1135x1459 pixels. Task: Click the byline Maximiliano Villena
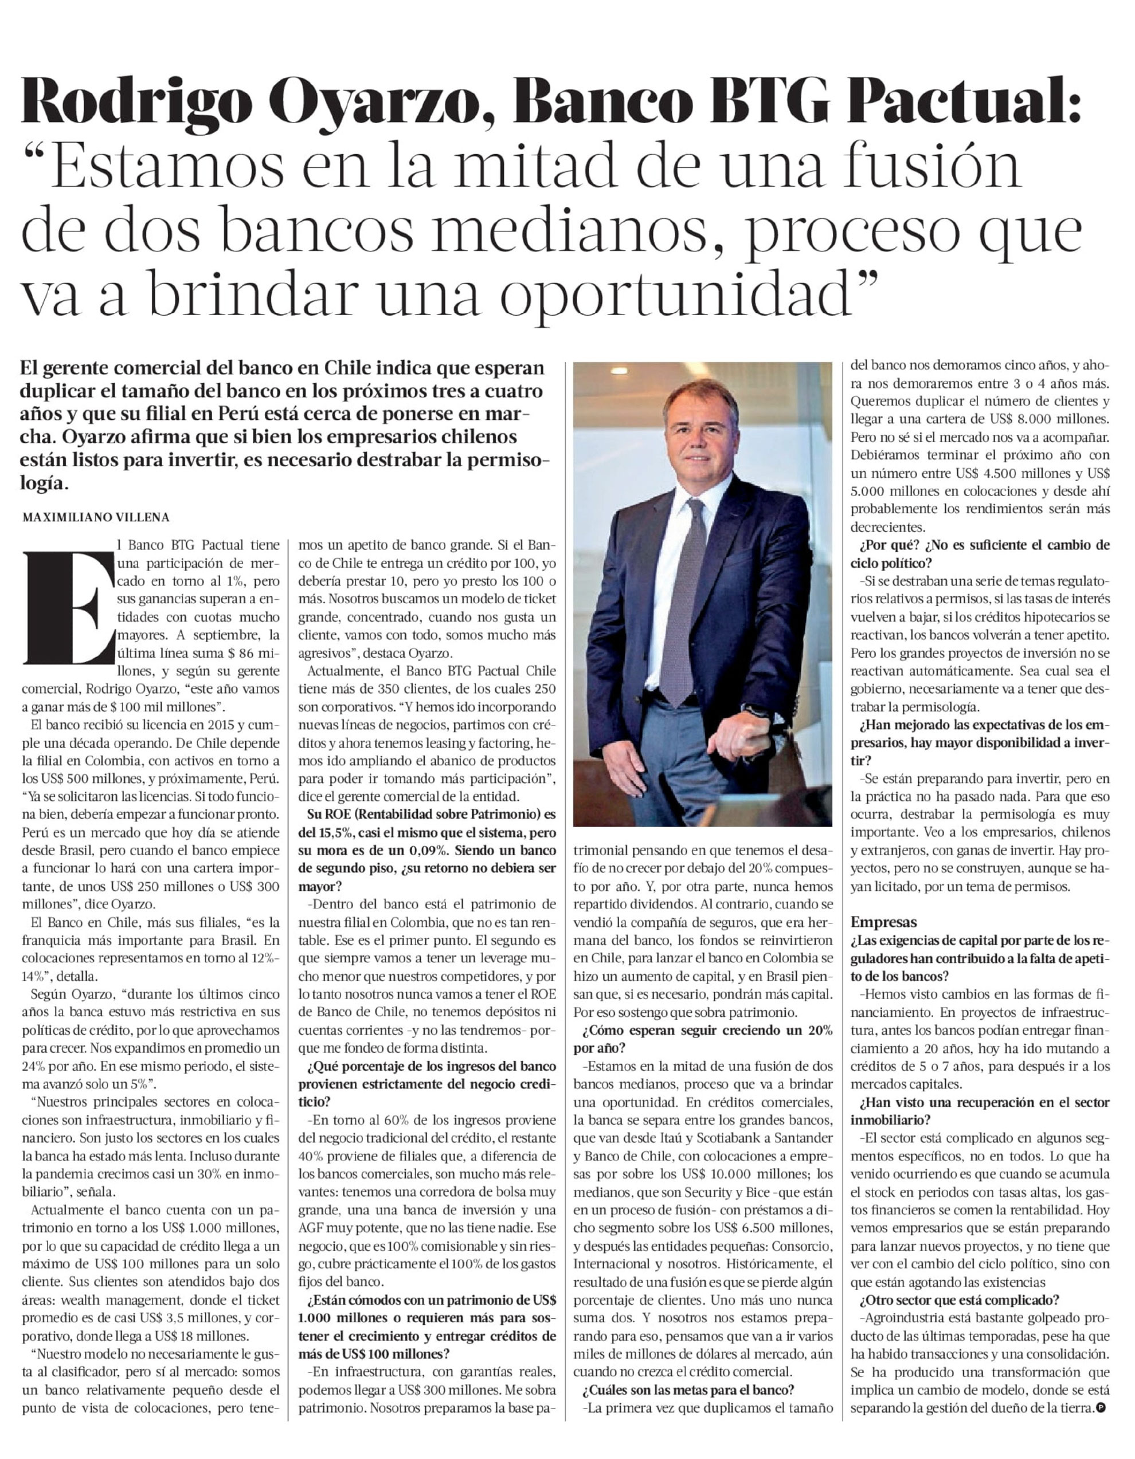[96, 517]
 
